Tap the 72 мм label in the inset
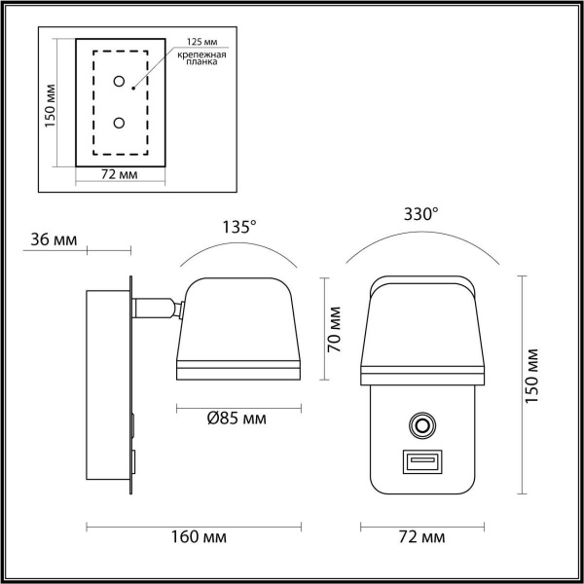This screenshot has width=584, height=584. [x=120, y=175]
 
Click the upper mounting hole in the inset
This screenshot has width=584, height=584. [x=119, y=82]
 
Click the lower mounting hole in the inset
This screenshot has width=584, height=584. [x=119, y=123]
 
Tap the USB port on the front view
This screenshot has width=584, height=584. [x=420, y=460]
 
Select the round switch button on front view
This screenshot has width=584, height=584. [x=421, y=425]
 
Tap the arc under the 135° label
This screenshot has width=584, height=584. [x=238, y=248]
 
